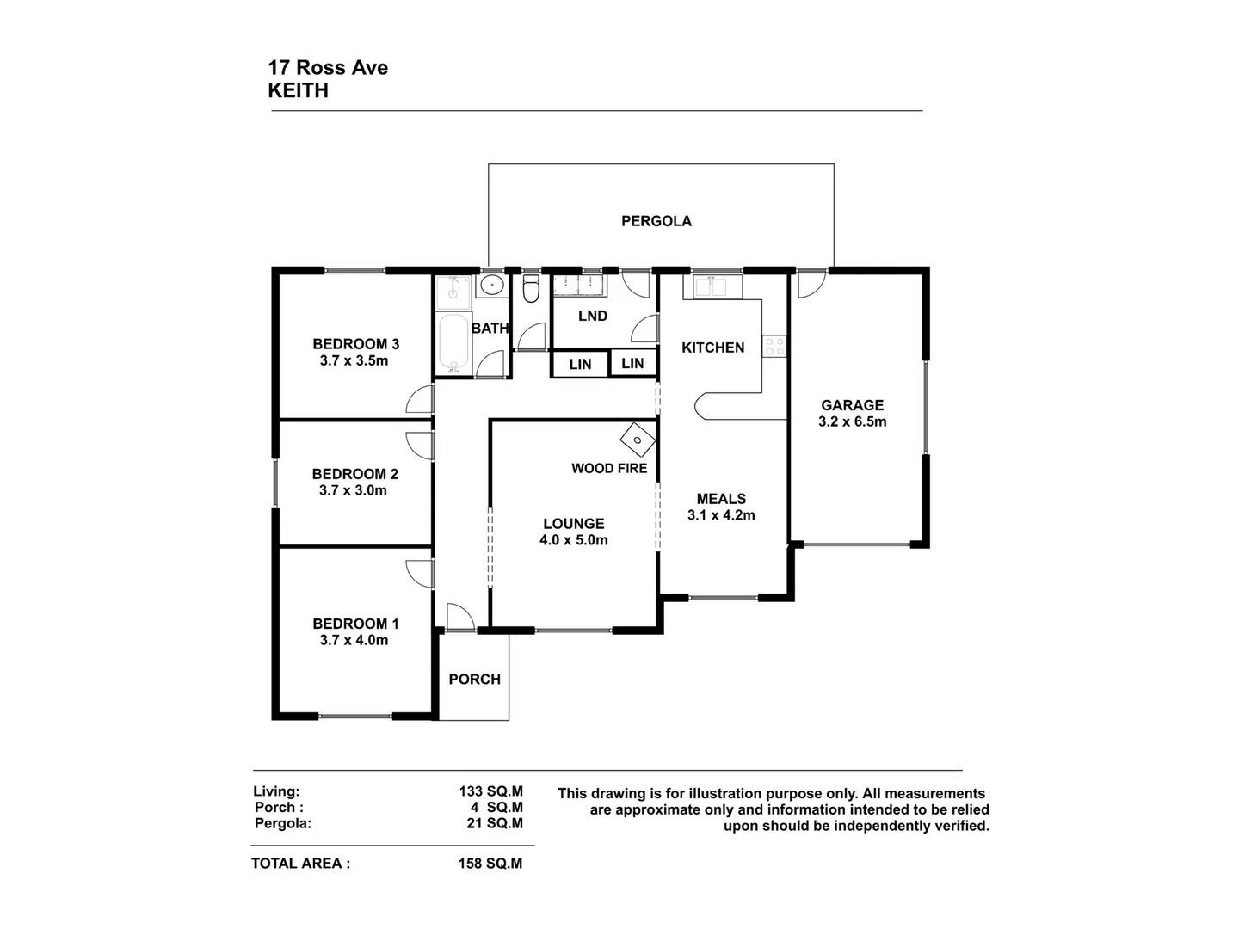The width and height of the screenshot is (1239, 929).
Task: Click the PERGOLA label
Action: [656, 221]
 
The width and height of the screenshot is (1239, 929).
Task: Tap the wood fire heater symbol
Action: [638, 439]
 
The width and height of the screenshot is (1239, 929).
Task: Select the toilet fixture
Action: [531, 290]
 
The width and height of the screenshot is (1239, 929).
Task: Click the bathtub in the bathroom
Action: [453, 344]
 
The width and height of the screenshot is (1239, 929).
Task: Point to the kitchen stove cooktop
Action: [774, 346]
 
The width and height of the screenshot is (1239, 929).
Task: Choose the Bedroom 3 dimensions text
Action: [354, 361]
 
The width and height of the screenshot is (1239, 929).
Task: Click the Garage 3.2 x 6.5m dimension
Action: [852, 421]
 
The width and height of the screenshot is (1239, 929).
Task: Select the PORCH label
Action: [474, 680]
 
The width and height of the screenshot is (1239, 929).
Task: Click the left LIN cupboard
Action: [580, 364]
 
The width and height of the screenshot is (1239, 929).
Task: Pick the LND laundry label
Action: [592, 317]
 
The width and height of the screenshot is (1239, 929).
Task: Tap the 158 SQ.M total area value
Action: [490, 864]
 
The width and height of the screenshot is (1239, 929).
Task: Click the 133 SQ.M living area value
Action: [490, 791]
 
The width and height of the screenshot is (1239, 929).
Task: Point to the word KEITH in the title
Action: [298, 90]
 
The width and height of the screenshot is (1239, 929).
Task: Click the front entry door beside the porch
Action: [459, 617]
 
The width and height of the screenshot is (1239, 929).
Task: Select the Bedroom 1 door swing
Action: [419, 573]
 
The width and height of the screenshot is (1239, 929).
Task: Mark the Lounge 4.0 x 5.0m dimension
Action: [573, 540]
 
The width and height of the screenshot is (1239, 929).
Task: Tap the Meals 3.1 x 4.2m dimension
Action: [721, 515]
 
